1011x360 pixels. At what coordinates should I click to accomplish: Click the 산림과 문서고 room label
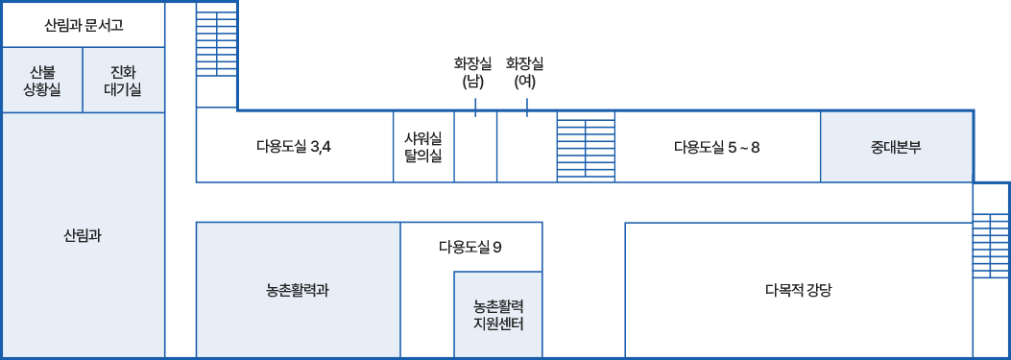click(84, 24)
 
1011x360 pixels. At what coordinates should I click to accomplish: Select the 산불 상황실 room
click(41, 80)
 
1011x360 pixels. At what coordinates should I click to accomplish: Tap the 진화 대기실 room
click(125, 80)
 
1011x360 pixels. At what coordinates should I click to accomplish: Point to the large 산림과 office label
click(84, 234)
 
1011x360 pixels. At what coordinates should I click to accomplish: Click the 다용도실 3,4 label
click(294, 147)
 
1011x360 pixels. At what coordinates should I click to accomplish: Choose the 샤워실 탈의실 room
click(423, 147)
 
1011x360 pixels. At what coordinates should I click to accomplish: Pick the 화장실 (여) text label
click(524, 72)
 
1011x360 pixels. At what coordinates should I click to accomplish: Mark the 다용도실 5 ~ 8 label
click(716, 147)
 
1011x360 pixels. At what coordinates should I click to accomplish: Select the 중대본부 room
click(896, 147)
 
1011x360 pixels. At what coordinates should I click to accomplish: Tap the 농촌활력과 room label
click(298, 289)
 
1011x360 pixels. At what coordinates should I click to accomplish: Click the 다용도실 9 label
click(470, 247)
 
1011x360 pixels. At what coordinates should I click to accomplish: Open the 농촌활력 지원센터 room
click(497, 315)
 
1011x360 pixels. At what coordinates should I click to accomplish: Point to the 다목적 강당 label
click(798, 289)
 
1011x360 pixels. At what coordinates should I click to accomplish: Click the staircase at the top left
click(216, 58)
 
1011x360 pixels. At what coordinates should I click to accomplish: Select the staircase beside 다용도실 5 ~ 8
click(586, 147)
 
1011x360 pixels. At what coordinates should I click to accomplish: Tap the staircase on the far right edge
click(991, 245)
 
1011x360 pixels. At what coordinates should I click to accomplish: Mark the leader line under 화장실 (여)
click(527, 107)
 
